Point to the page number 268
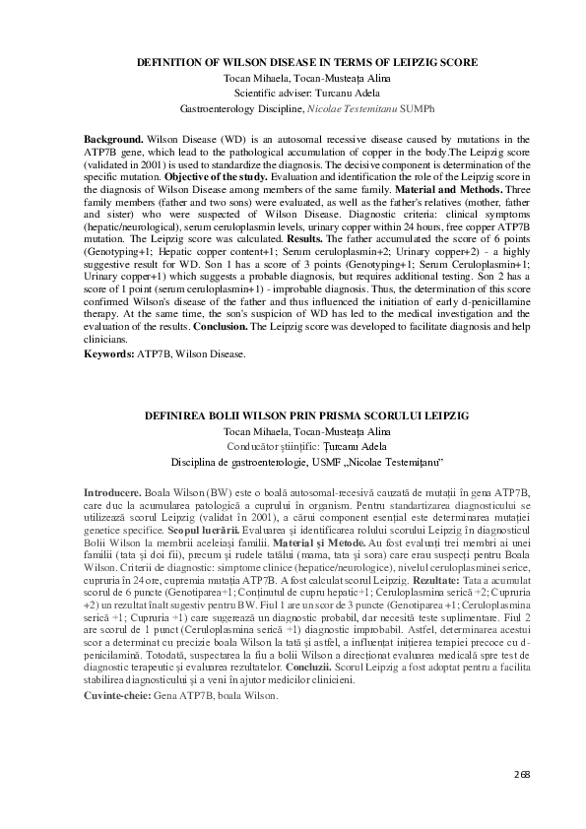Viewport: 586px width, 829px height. [x=521, y=774]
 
